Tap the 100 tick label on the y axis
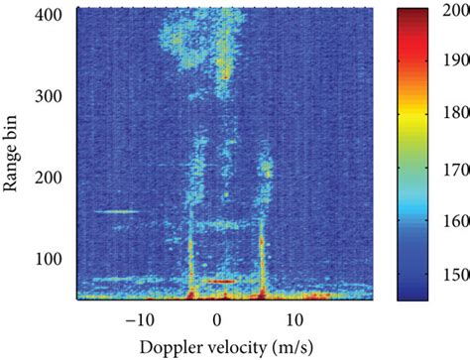[53, 259]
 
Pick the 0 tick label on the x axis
[217, 319]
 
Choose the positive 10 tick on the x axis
[294, 319]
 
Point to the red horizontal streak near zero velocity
[224, 282]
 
